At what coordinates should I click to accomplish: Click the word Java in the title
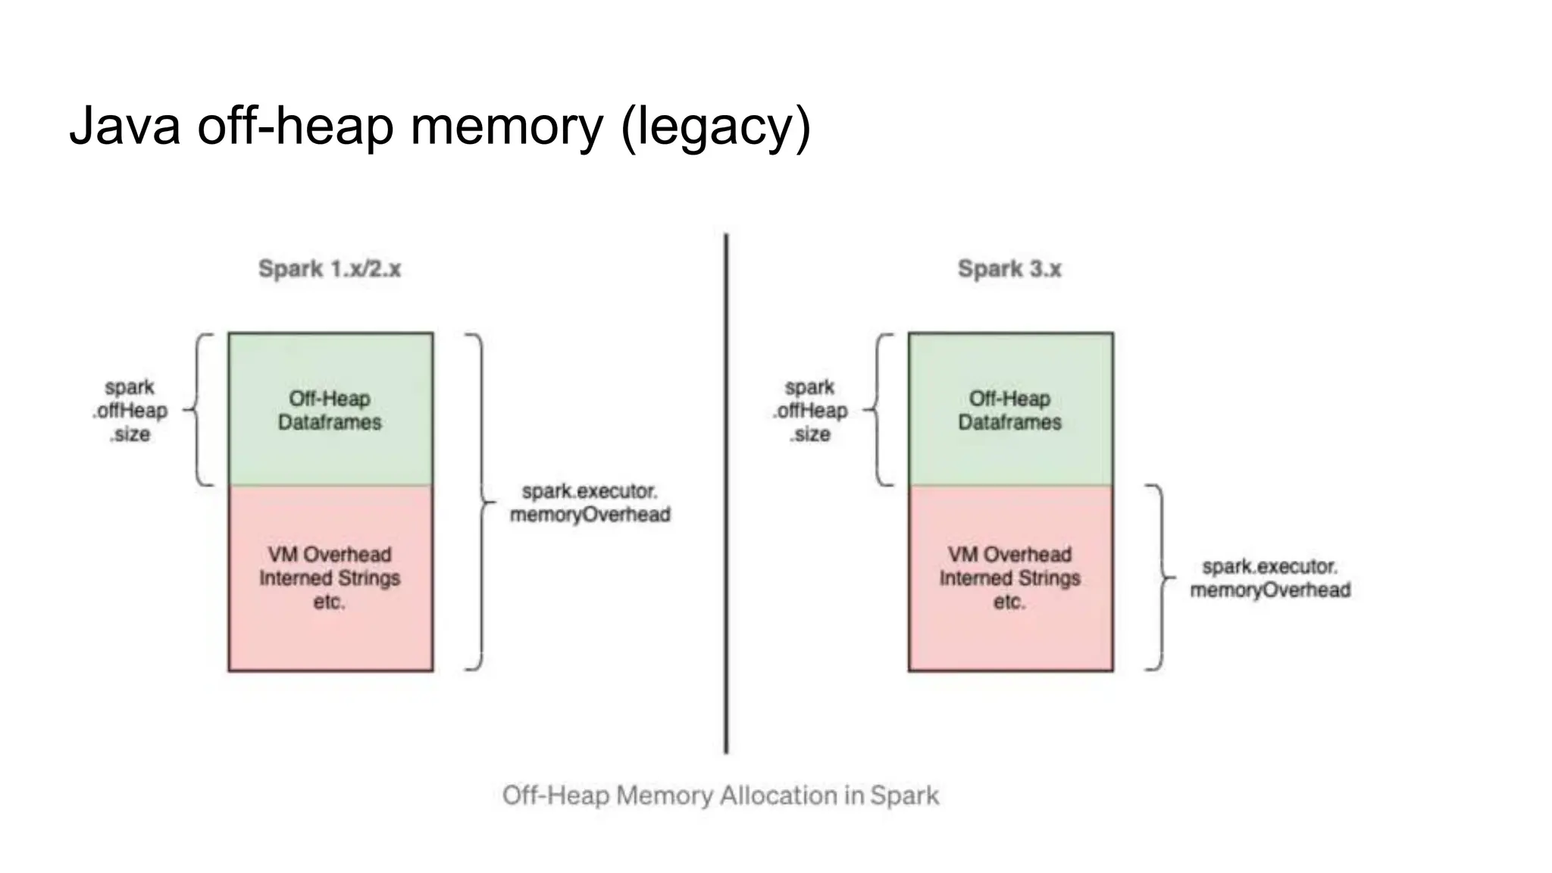124,126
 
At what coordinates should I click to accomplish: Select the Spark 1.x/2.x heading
330,268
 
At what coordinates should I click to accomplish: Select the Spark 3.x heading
1009,268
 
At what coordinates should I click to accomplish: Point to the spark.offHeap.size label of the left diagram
130,410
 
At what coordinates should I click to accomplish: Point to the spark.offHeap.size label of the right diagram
810,410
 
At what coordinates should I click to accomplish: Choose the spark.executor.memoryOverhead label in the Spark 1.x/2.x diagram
590,502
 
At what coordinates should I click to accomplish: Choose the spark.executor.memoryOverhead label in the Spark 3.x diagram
1270,577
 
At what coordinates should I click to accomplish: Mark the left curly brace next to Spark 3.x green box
879,409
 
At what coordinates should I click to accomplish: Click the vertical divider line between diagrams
726,493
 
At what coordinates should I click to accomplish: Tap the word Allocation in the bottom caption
778,795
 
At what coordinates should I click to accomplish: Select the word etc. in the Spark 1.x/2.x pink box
329,602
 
